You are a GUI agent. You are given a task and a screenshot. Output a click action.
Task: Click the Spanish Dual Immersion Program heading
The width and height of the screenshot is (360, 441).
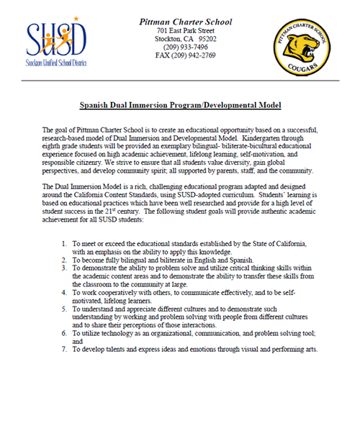(x=180, y=105)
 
